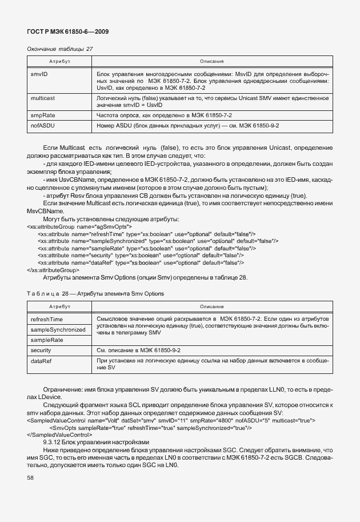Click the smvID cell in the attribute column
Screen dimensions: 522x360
pyautogui.click(x=39, y=74)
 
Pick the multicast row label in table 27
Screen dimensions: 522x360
pyautogui.click(x=42, y=98)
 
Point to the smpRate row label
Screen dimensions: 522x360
pyautogui.click(x=43, y=115)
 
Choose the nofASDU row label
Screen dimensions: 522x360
pyautogui.click(x=43, y=125)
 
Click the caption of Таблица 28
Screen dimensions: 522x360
pyautogui.click(x=95, y=294)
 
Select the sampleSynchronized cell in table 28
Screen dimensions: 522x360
pyautogui.click(x=58, y=330)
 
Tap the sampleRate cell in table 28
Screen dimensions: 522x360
pyautogui.click(x=47, y=340)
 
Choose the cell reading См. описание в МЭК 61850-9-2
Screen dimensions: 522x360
pyautogui.click(x=139, y=350)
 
